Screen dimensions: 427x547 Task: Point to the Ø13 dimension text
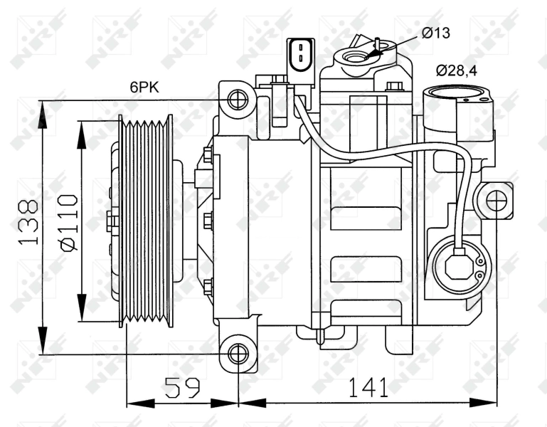435,32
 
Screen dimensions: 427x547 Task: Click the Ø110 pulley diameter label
69,222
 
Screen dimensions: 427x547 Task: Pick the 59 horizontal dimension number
182,388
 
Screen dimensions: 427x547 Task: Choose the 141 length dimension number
368,388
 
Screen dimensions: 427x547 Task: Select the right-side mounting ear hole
496,201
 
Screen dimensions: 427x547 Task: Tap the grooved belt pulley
146,221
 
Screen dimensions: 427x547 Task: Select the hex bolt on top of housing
395,88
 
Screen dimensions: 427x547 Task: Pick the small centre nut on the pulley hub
111,221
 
